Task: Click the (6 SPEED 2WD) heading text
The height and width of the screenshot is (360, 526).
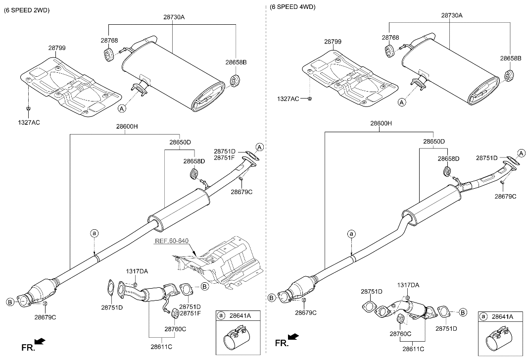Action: (27, 10)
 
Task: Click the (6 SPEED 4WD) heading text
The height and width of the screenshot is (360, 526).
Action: (292, 7)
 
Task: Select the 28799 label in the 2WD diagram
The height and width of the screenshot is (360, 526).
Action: (57, 48)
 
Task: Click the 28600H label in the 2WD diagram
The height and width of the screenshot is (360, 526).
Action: (127, 126)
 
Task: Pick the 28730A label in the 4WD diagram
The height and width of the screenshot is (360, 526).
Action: (451, 15)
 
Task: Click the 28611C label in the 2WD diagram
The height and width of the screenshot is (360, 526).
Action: (162, 347)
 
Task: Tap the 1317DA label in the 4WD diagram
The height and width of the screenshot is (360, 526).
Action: (408, 285)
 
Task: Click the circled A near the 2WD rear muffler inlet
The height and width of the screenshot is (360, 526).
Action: (122, 107)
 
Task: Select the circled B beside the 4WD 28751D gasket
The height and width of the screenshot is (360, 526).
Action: (463, 312)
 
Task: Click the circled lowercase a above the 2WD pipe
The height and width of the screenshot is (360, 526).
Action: (94, 233)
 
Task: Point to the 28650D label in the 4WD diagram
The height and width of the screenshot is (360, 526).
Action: (433, 142)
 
